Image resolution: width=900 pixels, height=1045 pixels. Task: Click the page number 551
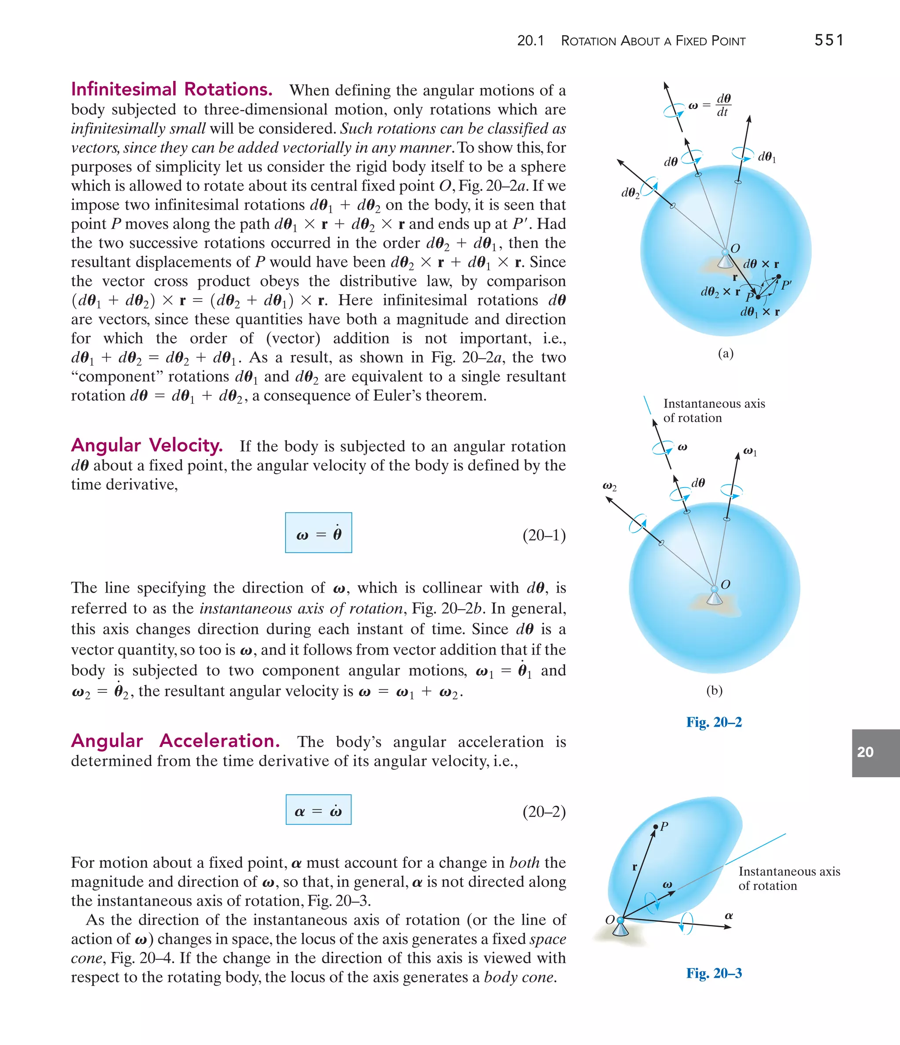828,40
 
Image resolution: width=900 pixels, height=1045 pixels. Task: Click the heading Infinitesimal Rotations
171,89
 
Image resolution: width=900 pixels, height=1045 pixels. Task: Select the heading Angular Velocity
147,445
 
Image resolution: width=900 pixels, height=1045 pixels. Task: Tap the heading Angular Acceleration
175,741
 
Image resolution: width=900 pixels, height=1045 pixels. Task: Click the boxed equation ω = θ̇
318,533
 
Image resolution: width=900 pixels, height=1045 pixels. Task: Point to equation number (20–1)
544,535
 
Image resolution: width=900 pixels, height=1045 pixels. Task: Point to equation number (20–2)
544,812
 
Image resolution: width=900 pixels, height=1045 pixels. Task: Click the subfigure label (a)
726,353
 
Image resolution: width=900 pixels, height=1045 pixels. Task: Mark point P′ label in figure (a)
786,284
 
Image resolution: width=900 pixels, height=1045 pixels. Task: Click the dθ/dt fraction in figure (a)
723,105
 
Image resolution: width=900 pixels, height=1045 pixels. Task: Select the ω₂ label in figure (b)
610,486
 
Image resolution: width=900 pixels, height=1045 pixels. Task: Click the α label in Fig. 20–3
729,915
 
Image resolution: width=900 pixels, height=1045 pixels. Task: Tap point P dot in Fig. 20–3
656,827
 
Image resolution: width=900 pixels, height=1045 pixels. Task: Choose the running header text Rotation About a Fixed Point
653,41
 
